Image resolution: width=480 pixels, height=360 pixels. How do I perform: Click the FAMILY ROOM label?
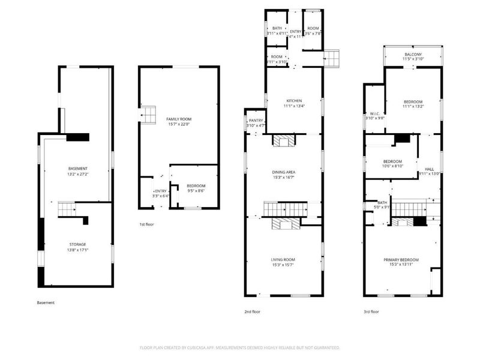point(178,119)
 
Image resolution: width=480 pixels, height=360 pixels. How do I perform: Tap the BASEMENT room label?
point(78,168)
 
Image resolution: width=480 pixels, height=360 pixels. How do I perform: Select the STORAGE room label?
point(77,244)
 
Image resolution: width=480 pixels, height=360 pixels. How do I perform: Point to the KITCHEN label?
point(294,101)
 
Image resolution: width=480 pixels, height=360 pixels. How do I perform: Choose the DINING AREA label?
point(284,173)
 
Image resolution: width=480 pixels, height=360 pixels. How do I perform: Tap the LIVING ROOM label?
point(284,259)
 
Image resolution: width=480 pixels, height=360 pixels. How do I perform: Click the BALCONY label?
point(413,55)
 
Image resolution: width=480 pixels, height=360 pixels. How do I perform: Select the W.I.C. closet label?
point(374,113)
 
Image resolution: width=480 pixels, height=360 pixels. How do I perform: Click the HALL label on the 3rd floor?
point(430,169)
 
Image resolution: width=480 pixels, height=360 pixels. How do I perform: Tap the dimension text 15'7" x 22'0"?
point(178,125)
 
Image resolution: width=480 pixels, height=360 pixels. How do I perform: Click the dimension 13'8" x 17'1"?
point(77,250)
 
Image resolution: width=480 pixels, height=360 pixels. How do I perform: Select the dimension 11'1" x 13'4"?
point(294,106)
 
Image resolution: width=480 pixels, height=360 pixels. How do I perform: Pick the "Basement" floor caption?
point(46,302)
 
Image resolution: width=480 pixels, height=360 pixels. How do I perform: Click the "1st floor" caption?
point(146,224)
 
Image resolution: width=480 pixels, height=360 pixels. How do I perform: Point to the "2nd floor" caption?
point(253,312)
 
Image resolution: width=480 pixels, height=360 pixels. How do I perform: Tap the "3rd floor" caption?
point(371,312)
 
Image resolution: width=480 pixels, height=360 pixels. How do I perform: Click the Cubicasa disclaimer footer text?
point(240,347)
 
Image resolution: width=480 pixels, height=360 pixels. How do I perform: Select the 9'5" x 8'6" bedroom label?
point(196,191)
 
